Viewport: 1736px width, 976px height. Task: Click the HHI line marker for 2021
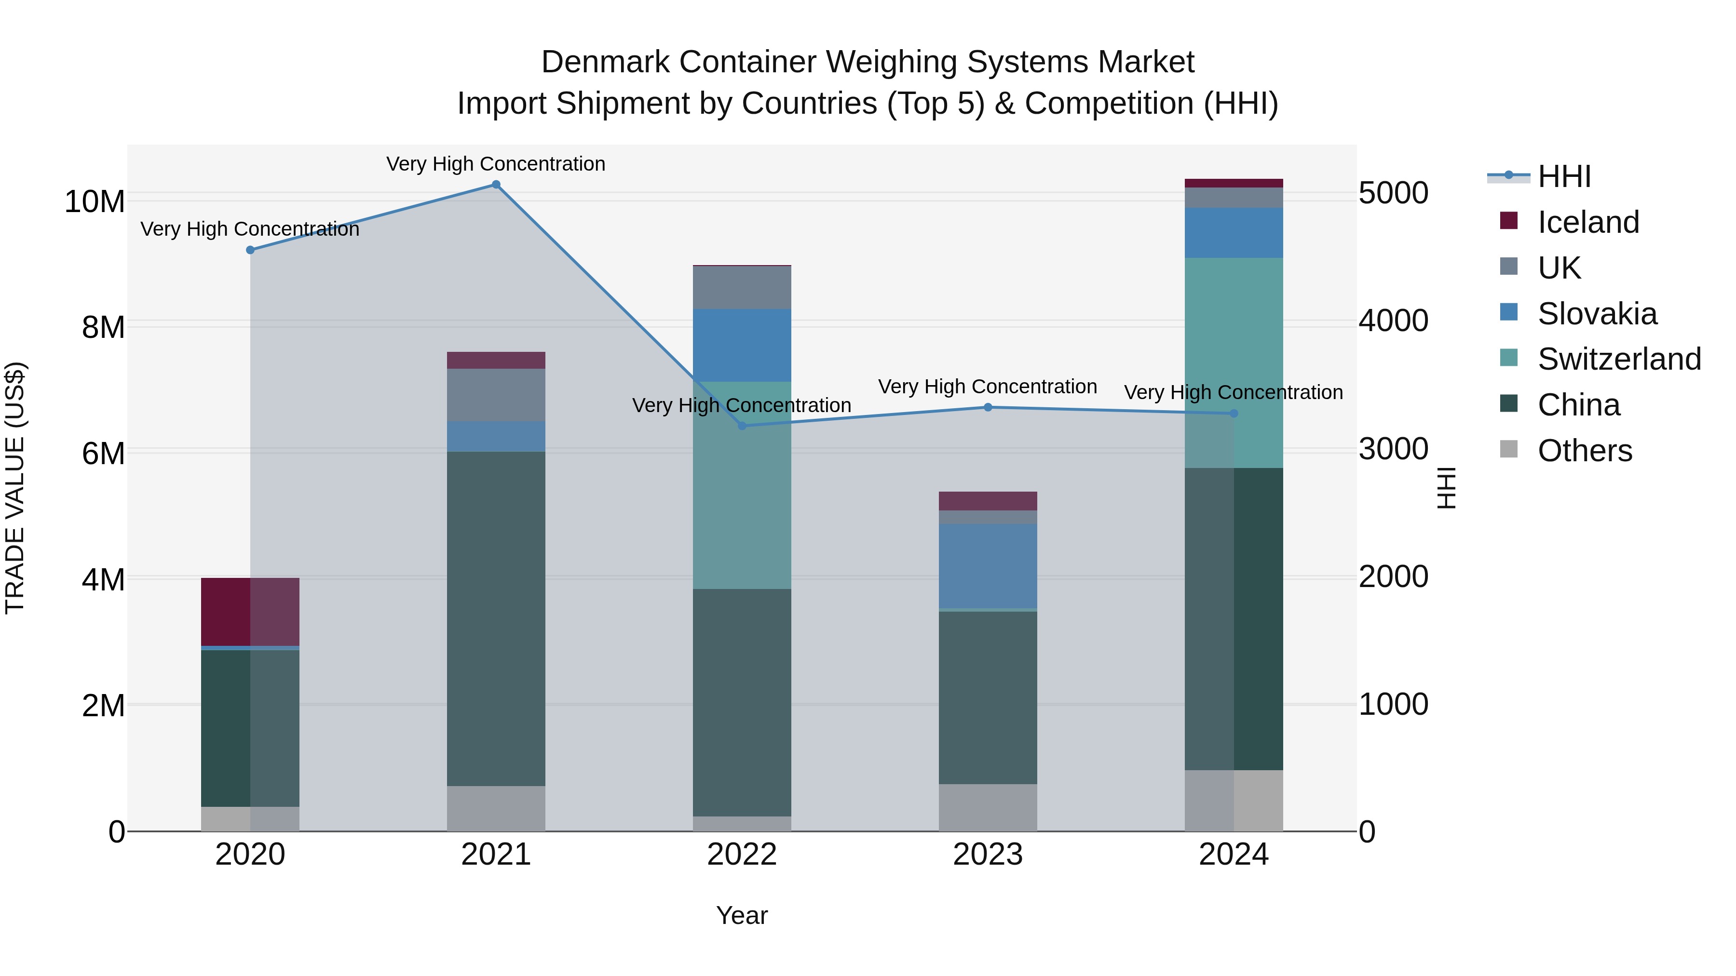(496, 185)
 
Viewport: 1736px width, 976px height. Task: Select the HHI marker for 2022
(742, 426)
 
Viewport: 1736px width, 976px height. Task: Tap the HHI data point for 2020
(250, 250)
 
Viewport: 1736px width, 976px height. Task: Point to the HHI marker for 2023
(988, 407)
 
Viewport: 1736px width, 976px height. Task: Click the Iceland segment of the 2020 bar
(250, 612)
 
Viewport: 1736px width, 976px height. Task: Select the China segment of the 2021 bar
(496, 618)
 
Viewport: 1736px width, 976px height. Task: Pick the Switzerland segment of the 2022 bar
(742, 485)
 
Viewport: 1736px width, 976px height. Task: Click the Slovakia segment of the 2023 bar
(988, 566)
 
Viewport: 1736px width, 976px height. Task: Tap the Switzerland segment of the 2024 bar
(1234, 362)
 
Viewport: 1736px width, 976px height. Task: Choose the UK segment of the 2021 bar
(496, 395)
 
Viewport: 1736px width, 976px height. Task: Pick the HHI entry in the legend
(1563, 176)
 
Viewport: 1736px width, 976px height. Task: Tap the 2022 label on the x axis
(742, 855)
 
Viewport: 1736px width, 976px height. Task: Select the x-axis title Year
(742, 915)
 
